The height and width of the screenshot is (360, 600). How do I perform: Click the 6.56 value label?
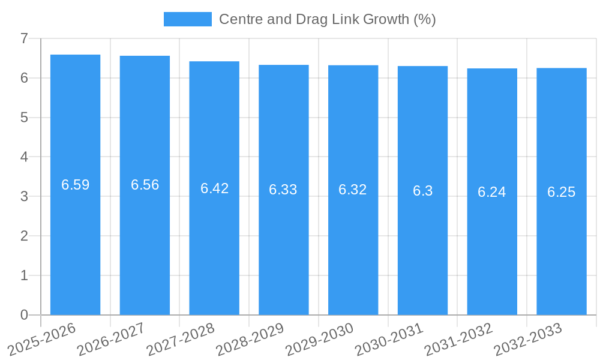[145, 185]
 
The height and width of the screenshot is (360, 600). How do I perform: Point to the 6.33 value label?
[283, 190]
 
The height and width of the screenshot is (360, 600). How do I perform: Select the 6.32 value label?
[353, 190]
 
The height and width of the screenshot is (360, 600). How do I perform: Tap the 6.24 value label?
[492, 192]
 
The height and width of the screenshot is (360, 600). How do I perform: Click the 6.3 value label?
[422, 191]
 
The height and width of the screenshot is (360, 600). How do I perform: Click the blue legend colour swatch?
[187, 19]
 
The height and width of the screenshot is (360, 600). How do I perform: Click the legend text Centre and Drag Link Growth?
[327, 19]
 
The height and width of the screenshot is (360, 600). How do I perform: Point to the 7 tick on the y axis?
[24, 38]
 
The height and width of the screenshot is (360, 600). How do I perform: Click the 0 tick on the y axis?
[24, 315]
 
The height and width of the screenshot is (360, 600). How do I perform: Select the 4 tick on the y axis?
[24, 157]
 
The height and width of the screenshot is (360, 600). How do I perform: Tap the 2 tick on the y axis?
[24, 236]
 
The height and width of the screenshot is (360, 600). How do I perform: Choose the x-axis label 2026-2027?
[111, 339]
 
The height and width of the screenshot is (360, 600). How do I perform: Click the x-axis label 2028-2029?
[250, 339]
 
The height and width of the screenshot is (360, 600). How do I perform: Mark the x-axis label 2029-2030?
[319, 339]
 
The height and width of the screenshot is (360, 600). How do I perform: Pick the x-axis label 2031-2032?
[458, 339]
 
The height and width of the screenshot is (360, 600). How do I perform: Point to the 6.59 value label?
[75, 185]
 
